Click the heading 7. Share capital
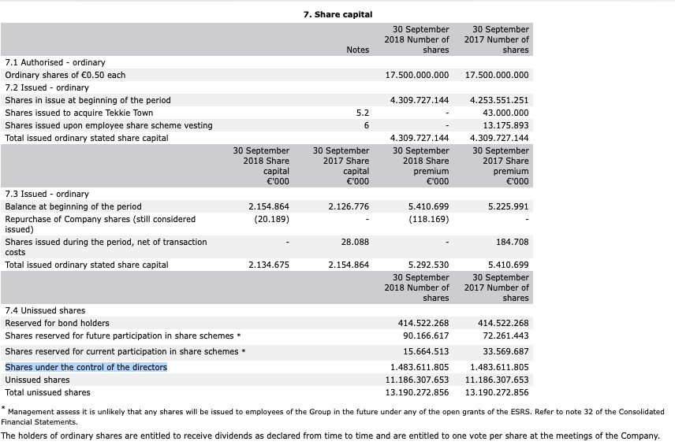[x=337, y=14]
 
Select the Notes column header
[x=357, y=50]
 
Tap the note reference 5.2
[x=363, y=113]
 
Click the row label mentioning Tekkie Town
[x=79, y=113]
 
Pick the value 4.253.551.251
[x=498, y=100]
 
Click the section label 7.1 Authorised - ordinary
[x=55, y=62]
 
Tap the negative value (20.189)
[x=271, y=219]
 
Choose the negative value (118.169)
[x=429, y=219]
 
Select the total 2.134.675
[x=269, y=265]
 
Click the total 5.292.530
[x=428, y=265]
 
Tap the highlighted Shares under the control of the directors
[x=86, y=367]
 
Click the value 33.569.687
[x=505, y=351]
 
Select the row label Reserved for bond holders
[x=58, y=323]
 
